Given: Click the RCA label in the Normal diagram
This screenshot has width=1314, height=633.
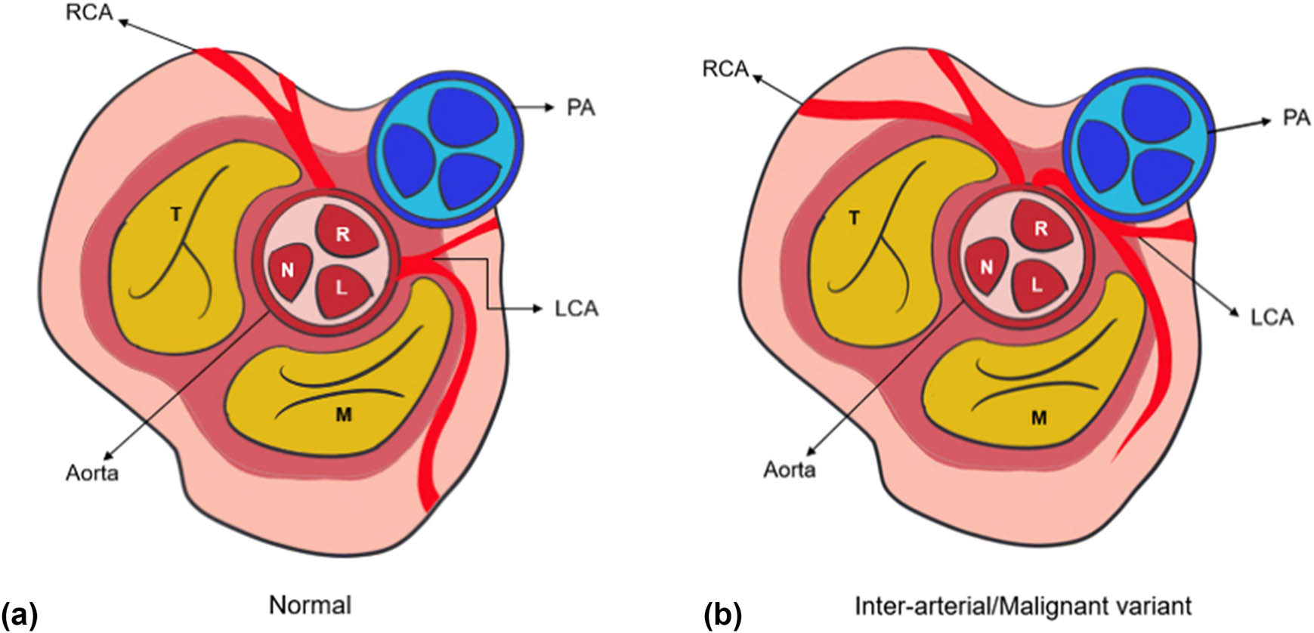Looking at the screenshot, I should click(x=89, y=13).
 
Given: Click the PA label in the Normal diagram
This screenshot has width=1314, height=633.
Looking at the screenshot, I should click(x=580, y=108).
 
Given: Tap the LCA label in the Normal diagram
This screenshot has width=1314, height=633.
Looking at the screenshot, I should click(x=576, y=309).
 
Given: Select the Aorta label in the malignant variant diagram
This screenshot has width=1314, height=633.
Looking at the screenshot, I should click(x=789, y=470).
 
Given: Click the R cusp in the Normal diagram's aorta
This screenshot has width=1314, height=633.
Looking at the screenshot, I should click(x=342, y=233).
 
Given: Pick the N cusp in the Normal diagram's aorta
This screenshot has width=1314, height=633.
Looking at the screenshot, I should click(x=287, y=270).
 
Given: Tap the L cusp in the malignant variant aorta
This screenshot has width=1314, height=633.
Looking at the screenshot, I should click(x=1037, y=286).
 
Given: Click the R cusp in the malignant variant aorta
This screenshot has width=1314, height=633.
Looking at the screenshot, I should click(x=1040, y=227).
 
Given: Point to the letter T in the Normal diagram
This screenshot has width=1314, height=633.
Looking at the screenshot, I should click(x=175, y=215).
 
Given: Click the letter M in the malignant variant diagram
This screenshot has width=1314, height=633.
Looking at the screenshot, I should click(x=1039, y=418).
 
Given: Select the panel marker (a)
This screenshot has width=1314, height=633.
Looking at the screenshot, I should click(x=19, y=614).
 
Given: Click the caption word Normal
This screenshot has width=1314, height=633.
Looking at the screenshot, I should click(x=310, y=606).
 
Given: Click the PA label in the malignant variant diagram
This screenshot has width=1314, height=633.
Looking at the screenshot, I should click(x=1296, y=119).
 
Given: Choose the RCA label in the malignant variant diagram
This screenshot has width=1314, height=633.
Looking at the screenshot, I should click(x=725, y=69).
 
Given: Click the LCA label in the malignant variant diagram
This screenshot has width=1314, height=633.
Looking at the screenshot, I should click(x=1272, y=317).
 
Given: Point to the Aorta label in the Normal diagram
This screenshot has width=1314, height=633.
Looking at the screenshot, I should click(x=91, y=473).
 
